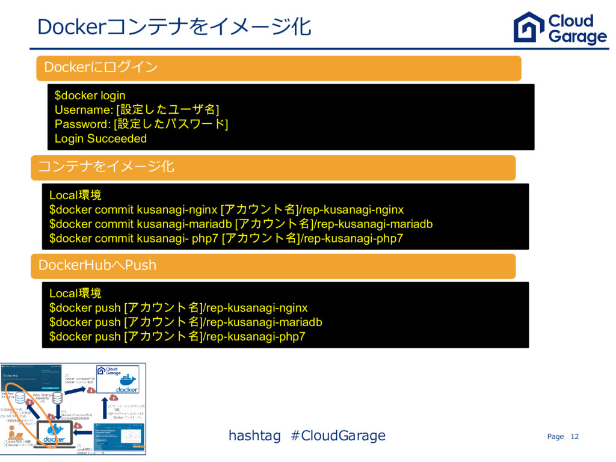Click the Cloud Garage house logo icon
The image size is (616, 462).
coord(529,27)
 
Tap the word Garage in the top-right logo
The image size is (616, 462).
coord(577,37)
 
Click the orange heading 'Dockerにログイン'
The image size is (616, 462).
coord(97,67)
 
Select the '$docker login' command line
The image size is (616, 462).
coord(90,95)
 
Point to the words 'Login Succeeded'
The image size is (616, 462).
coord(100,138)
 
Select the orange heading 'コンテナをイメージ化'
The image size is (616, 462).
coord(106,166)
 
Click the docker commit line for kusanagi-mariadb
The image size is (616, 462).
coord(241,224)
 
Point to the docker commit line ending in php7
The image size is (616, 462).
coord(226,238)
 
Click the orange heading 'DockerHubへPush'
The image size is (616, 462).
coord(97,265)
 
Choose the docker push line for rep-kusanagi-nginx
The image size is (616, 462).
coord(179,308)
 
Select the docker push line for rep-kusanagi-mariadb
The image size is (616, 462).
coord(186,322)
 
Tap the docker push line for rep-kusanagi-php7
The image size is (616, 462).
coord(177,337)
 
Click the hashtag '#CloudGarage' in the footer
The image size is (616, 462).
coord(338,435)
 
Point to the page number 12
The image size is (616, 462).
coord(574,436)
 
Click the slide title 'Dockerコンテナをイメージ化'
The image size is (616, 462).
coord(174,26)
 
